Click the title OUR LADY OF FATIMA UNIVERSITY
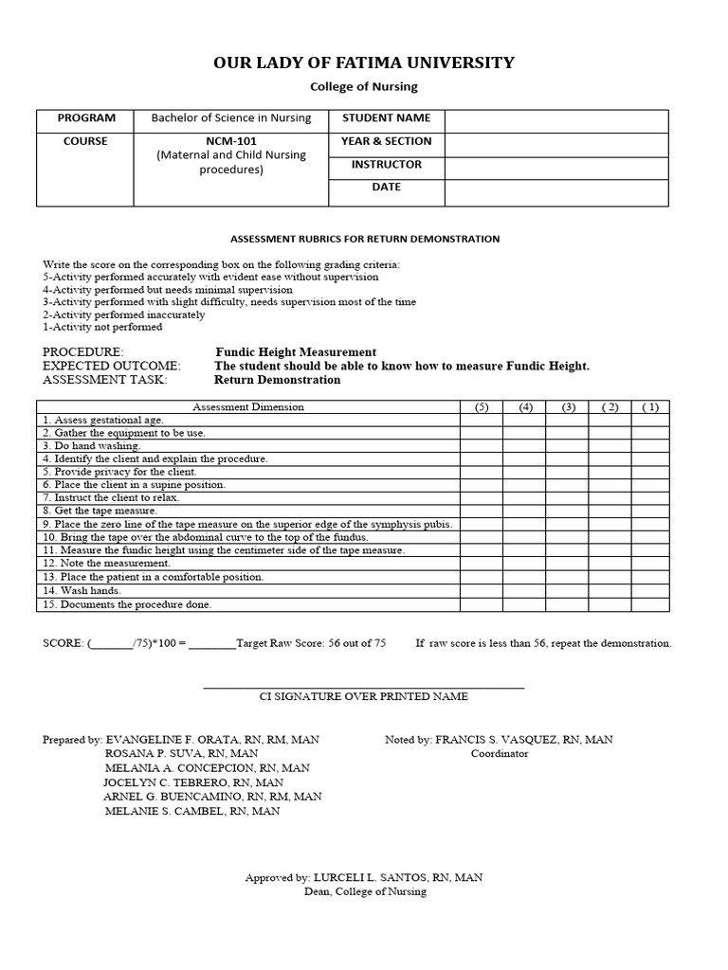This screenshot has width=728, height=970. pos(364,63)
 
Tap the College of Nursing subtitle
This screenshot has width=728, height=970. pos(364,87)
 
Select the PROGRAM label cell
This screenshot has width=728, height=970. pos(86,119)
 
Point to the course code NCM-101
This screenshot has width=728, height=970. pos(231,141)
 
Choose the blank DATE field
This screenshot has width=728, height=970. pos(556,191)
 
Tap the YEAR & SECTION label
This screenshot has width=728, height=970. pos(386,142)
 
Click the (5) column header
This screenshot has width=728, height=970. pos(482,407)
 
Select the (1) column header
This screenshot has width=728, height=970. pos(649,407)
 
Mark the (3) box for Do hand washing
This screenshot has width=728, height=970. pos(568,446)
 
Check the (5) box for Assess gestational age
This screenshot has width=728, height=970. pos(482,420)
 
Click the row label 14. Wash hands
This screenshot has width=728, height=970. pos(81,591)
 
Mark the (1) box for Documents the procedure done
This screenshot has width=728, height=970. pos(649,604)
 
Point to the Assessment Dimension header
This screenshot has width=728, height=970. pos(248,407)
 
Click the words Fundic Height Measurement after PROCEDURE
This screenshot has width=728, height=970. pos(296,352)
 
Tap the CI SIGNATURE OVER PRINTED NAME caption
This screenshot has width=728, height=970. pos(364,697)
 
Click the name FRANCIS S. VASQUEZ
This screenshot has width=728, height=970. pos(497,740)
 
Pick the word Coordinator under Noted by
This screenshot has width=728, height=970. pos(500,754)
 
